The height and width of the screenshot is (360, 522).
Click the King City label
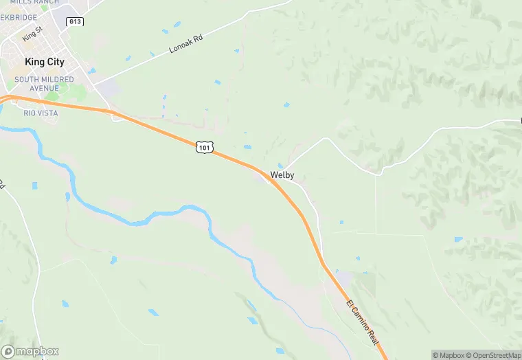coord(44,62)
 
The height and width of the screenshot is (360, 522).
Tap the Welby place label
coord(282,175)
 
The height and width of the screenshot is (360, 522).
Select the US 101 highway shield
coord(204,147)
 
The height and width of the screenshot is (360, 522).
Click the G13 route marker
coord(75,22)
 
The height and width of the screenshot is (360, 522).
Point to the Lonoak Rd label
coord(188,45)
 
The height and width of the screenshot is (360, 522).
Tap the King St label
coord(32,32)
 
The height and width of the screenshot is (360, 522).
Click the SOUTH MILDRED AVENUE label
coord(44,84)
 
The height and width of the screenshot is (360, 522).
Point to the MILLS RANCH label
coord(34,3)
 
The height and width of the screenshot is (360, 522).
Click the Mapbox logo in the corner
coord(30,351)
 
